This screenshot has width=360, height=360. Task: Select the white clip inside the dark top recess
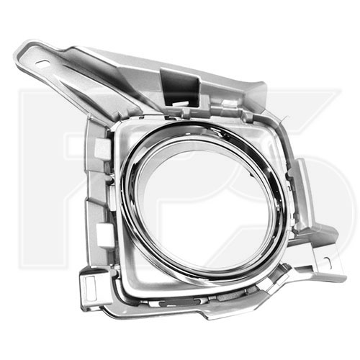tap(181, 104)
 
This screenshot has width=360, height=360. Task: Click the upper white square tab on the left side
tap(103, 147)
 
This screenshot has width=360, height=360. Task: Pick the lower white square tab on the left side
tap(104, 233)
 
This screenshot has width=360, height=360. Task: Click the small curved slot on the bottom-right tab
tap(328, 261)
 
